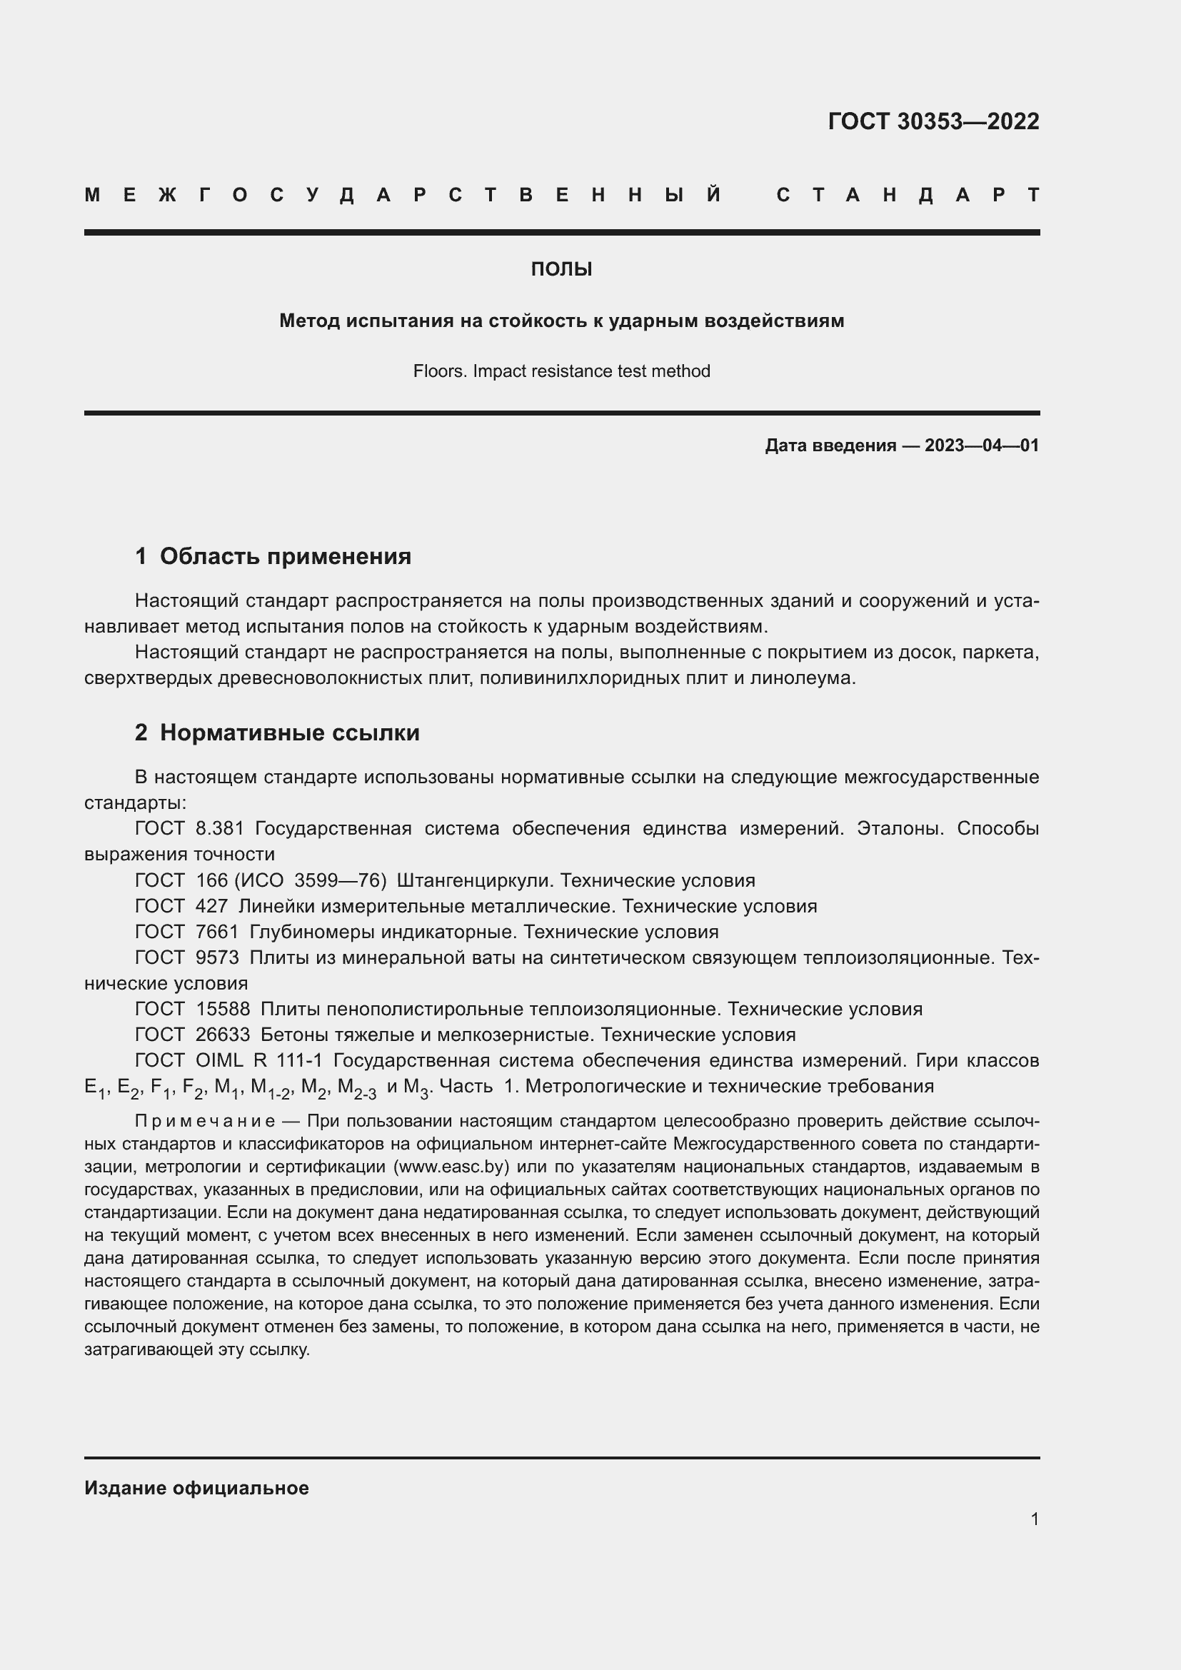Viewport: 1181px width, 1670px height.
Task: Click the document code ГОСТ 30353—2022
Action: tap(933, 121)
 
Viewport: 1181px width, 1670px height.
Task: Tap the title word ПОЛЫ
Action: tap(561, 270)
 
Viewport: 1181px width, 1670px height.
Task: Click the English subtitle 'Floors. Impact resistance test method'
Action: tap(561, 371)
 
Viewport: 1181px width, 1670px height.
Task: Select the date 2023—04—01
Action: tap(981, 445)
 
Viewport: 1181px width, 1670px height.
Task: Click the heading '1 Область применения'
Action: tap(273, 556)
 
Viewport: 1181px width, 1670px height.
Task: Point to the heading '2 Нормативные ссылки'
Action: tap(277, 733)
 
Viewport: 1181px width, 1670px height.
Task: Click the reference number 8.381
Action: tap(220, 828)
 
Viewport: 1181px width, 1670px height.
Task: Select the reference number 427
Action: tap(211, 906)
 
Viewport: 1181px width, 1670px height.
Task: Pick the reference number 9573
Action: tap(218, 957)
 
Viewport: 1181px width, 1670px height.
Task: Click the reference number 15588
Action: tap(223, 1009)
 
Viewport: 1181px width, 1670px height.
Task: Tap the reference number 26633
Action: tap(223, 1035)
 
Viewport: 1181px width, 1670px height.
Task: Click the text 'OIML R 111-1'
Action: tap(259, 1060)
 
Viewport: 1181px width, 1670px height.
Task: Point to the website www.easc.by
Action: tap(451, 1167)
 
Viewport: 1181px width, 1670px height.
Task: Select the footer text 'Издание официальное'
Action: tap(196, 1488)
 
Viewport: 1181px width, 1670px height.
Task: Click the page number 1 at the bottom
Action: tap(1034, 1519)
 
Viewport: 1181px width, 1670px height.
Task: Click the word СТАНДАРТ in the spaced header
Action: tap(908, 195)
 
